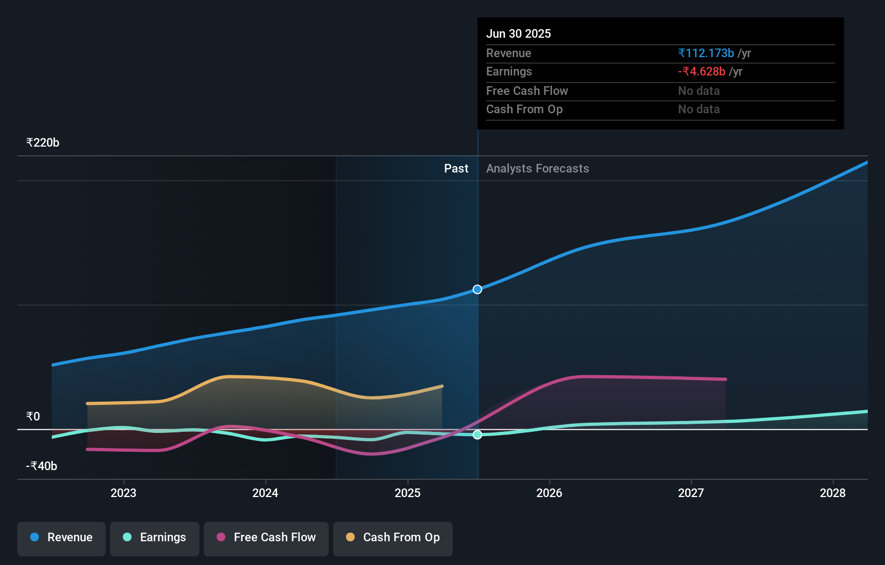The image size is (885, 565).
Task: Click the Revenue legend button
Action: pos(61,538)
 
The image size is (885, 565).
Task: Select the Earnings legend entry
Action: pos(155,538)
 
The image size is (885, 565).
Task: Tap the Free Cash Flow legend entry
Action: pos(266,538)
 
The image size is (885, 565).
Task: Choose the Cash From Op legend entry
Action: pos(393,538)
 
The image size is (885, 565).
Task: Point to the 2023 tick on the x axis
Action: pos(123,493)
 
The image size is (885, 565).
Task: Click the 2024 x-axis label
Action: pos(265,493)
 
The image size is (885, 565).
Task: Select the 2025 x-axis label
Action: pos(407,493)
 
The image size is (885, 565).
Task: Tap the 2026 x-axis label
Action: pos(549,493)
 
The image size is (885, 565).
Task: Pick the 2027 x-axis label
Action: pos(691,493)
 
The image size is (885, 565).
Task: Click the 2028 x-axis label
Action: pos(833,493)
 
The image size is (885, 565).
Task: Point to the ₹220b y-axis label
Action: pos(43,143)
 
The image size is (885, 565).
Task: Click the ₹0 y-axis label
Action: pos(33,417)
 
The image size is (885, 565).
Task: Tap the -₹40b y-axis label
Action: pos(42,466)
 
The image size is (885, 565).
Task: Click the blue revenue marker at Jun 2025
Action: pos(478,290)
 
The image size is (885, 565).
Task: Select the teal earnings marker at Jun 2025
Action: pos(478,435)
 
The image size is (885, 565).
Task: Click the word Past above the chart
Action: pos(456,169)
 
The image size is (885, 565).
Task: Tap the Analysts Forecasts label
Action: pos(537,169)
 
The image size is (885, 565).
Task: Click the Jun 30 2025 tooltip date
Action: pos(518,34)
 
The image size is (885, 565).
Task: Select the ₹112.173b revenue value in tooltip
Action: pos(706,53)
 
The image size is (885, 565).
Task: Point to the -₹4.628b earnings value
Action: pos(702,72)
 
